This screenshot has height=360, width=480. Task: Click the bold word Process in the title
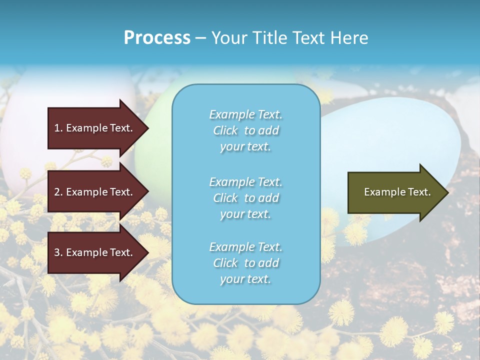pos(157,38)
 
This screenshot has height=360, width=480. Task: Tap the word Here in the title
pos(349,38)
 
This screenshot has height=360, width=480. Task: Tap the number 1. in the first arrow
pos(58,128)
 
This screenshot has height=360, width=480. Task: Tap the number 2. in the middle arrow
pos(58,192)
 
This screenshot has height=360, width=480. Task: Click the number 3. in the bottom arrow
pos(58,252)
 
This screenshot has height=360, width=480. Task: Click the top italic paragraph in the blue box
pos(245,130)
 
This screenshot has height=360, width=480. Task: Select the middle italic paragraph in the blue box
pos(245,198)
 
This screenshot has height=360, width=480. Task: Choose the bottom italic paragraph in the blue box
pos(245,263)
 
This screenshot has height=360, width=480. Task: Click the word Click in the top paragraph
pos(225,130)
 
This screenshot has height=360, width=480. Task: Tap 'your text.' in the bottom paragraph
pos(245,279)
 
